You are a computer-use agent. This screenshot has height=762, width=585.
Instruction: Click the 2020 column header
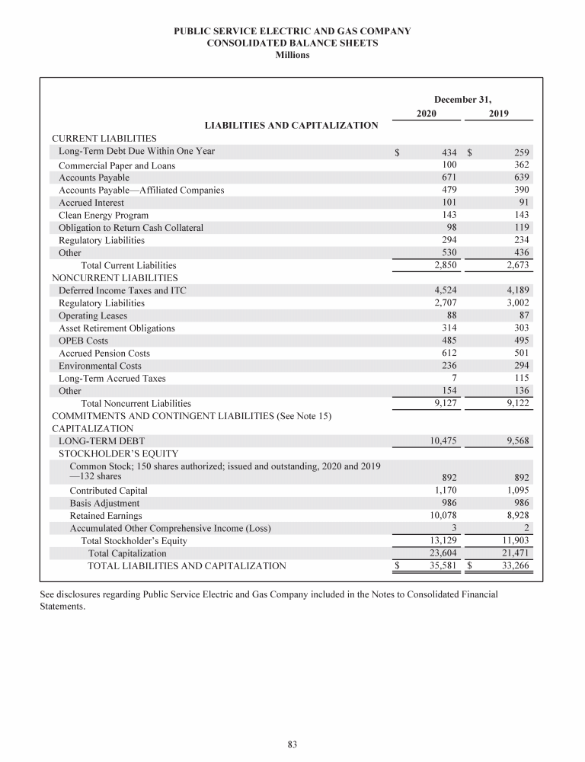(x=427, y=114)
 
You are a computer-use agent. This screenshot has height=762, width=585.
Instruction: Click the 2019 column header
(x=500, y=114)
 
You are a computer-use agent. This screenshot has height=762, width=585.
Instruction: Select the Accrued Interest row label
(x=91, y=203)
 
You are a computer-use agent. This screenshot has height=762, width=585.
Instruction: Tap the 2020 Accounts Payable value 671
(x=449, y=178)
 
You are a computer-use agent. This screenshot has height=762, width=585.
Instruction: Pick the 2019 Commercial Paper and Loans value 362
(x=522, y=165)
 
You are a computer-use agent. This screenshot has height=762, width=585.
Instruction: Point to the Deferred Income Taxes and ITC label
(x=122, y=290)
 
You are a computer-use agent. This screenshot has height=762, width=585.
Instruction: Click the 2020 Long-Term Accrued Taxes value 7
(x=454, y=378)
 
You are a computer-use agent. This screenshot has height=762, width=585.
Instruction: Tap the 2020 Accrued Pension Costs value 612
(x=449, y=353)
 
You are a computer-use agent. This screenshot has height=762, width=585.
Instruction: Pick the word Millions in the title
(x=292, y=56)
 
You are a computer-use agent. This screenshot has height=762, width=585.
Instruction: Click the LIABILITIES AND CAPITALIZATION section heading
(x=292, y=125)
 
